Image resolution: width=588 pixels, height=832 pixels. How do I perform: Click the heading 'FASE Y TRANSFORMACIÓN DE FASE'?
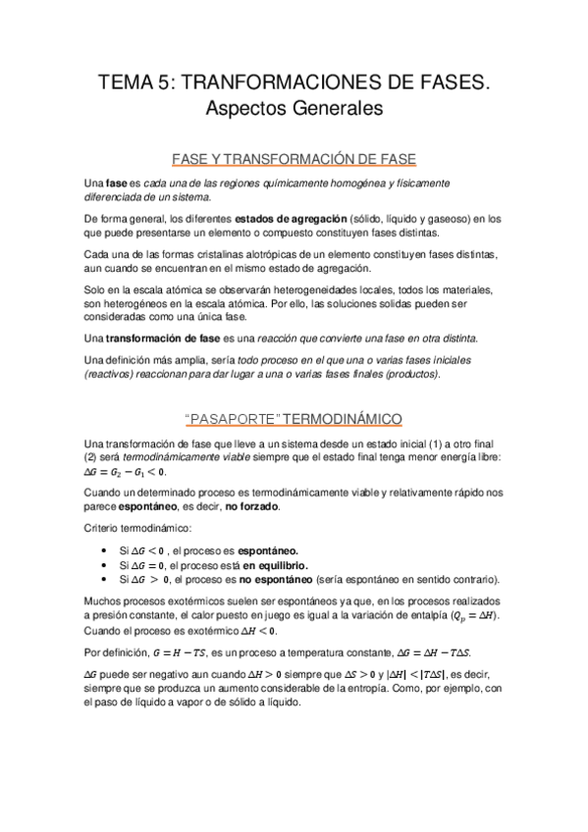[x=294, y=158]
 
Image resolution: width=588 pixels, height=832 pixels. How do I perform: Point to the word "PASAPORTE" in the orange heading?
[x=232, y=419]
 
